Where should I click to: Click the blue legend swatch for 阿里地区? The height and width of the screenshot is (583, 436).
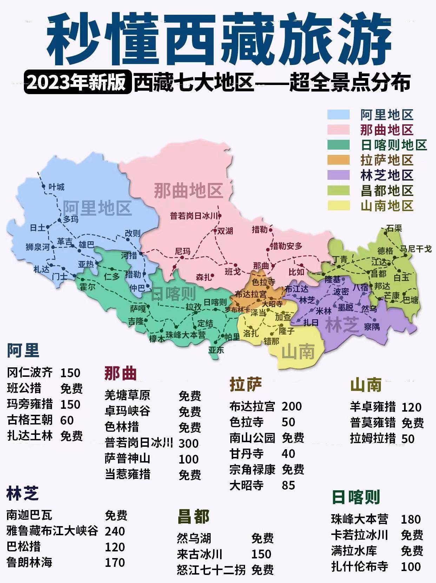click(x=338, y=115)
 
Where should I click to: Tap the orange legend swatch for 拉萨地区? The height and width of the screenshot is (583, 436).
click(x=338, y=160)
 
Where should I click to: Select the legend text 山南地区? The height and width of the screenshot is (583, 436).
click(x=387, y=206)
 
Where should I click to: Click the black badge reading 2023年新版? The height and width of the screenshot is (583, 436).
click(x=77, y=83)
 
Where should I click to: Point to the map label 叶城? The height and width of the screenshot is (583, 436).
click(x=56, y=187)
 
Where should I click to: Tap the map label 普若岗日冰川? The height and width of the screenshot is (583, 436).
click(x=194, y=216)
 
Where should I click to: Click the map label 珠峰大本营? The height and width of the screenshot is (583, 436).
click(x=186, y=335)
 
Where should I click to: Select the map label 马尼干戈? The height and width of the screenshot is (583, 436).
click(x=416, y=249)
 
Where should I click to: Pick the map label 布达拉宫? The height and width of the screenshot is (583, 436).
click(x=251, y=294)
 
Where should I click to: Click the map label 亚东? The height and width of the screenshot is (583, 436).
click(x=216, y=350)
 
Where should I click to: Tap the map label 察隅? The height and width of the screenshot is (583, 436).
click(x=372, y=327)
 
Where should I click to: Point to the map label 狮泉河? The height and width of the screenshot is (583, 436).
click(x=38, y=247)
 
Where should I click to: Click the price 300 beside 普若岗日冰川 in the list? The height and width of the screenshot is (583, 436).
click(x=189, y=443)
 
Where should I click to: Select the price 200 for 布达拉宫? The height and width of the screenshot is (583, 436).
click(x=291, y=406)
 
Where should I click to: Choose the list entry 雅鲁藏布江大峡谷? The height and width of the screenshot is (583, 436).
click(x=52, y=531)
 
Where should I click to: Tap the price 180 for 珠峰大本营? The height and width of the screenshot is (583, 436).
click(x=411, y=519)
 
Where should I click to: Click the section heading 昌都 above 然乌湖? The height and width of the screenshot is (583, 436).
click(x=193, y=517)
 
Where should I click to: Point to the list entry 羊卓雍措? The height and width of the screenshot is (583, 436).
click(x=373, y=407)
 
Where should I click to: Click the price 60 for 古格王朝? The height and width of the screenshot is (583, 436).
click(x=67, y=420)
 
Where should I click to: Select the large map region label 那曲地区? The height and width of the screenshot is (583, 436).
click(x=189, y=191)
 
